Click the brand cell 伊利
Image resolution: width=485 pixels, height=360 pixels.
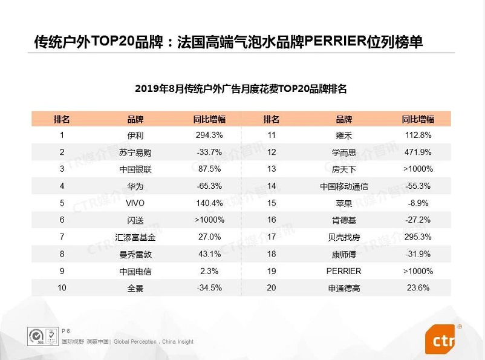coord(135,136)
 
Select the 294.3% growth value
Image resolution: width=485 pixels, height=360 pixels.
coord(209,135)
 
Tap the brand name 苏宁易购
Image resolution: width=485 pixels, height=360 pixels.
coord(135,152)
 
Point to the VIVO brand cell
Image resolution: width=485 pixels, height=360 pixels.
coord(135,203)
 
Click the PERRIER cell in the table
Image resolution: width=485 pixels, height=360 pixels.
coord(343,271)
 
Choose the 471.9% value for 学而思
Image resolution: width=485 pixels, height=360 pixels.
coord(418,152)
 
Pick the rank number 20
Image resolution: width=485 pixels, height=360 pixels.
coord(272,288)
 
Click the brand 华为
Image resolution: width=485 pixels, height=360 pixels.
coord(135,186)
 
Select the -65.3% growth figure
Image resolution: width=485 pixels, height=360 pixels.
coord(209,186)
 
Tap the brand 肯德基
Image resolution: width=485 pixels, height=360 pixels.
coord(344,220)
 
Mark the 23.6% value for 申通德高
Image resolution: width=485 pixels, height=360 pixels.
coord(418,288)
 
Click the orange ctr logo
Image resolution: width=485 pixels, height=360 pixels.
coord(441,339)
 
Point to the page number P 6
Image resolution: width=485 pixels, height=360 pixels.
coord(66,331)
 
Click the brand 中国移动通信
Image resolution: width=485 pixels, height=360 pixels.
coord(344,186)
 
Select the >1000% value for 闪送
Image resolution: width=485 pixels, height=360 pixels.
coord(209,220)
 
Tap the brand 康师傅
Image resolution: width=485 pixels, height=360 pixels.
coord(344,255)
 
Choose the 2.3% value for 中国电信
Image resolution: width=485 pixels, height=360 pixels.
coord(209,271)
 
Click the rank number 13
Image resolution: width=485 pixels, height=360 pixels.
coord(272,169)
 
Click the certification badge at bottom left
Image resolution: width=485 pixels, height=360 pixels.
coord(43,336)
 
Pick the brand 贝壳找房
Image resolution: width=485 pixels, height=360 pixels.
coord(344,237)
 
